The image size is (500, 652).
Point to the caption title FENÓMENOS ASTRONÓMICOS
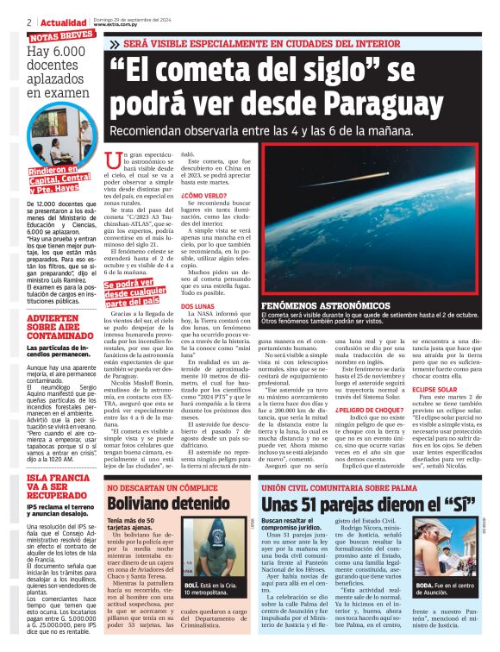[307, 306]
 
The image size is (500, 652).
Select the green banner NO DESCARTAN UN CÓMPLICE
[159, 488]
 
